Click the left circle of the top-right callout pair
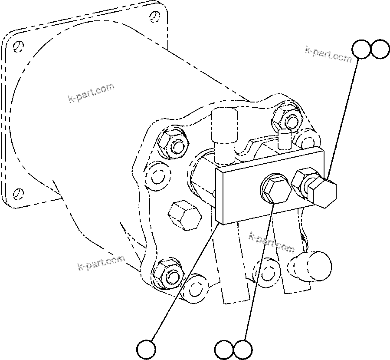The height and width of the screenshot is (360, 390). (x=361, y=50)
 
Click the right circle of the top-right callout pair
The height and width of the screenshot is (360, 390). (x=380, y=50)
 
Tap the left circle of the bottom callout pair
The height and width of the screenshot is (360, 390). (x=224, y=349)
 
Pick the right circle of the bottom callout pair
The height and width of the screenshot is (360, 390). (x=243, y=349)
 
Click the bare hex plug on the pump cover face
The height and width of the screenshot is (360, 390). (x=184, y=215)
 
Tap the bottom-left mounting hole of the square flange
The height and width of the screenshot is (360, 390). (x=17, y=192)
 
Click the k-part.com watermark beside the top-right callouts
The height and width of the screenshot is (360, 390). (x=328, y=54)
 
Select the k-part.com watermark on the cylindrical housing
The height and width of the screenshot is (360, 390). (x=91, y=93)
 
